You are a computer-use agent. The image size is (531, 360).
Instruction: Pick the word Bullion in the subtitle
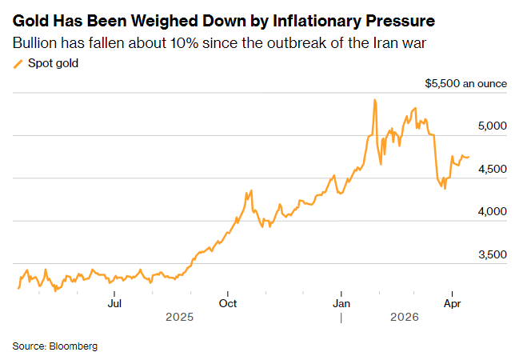[36, 42]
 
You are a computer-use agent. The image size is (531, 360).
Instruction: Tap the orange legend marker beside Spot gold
[18, 63]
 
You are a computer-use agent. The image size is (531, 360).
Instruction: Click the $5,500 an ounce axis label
[466, 83]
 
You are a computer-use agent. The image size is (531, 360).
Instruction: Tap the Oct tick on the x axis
[228, 303]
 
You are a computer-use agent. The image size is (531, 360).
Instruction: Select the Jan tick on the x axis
[341, 303]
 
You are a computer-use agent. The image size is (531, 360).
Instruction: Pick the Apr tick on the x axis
[453, 303]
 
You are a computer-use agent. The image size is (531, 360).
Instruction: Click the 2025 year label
[180, 318]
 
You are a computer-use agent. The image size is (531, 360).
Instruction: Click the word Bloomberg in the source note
[74, 346]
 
